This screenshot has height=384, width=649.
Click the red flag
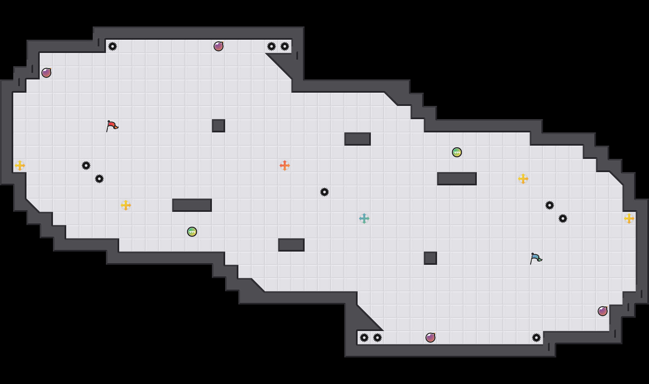pos(112,126)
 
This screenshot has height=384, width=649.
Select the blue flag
pos(536,258)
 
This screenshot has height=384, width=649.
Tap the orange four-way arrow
pos(285,166)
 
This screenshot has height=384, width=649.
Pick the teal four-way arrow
pos(364,218)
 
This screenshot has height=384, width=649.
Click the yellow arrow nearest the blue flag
pos(523,179)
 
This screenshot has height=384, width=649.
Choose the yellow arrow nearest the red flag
pos(126,205)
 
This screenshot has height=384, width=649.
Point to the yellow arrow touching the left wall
pos(20,166)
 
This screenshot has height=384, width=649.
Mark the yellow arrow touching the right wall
pos(629,218)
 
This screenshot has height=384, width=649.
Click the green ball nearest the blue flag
pos(457,152)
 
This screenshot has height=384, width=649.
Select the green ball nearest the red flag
pos(192,232)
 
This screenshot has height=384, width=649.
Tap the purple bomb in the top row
pos(219,46)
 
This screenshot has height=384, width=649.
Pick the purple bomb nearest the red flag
pos(46,73)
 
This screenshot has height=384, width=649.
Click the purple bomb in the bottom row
pos(430,338)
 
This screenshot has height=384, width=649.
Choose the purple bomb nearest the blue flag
pos(603,311)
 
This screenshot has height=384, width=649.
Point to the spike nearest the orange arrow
pos(324,192)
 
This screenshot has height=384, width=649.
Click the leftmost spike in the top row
pos(113,46)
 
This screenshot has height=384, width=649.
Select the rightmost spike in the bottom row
pos(536,338)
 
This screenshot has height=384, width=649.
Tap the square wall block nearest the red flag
pos(219,126)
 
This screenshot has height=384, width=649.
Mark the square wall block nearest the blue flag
pos(430,258)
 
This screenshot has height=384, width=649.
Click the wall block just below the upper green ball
pos(457,179)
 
